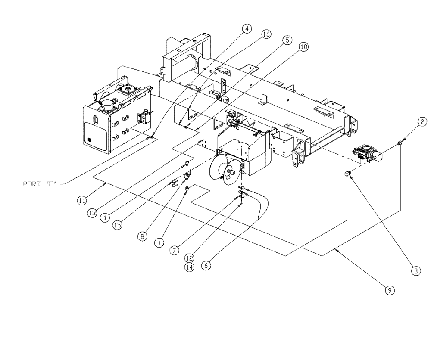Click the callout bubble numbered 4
[247, 29]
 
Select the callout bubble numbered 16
[266, 35]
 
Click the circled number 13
[92, 214]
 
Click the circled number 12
[189, 258]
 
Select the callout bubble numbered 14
[189, 267]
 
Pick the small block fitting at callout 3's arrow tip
[349, 174]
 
